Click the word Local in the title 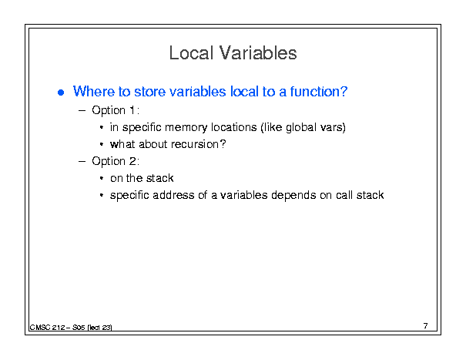click(x=191, y=53)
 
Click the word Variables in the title click(x=258, y=53)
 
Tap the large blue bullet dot click(x=61, y=93)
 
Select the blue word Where click(x=94, y=91)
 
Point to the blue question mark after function click(x=344, y=91)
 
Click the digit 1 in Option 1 click(x=132, y=110)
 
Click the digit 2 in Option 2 click(x=132, y=161)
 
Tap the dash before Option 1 click(x=82, y=111)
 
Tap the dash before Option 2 click(x=82, y=162)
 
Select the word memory click(x=186, y=128)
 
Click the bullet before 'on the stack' click(x=102, y=179)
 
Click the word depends click(x=293, y=196)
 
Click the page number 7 click(x=426, y=326)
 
